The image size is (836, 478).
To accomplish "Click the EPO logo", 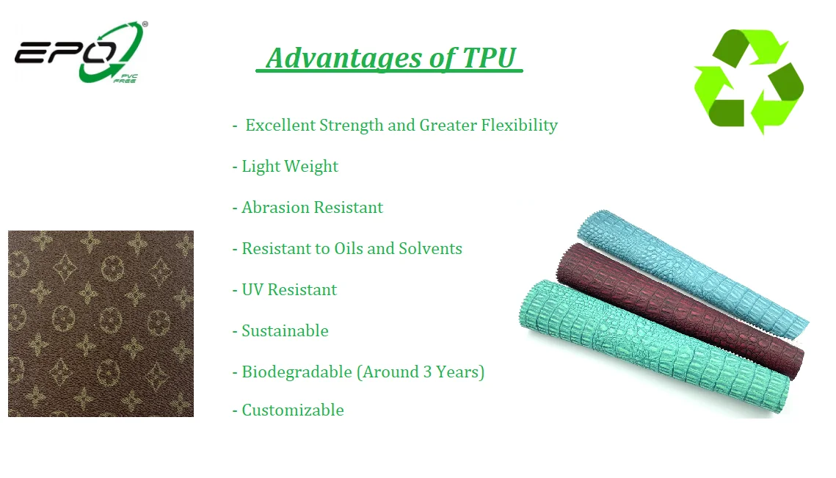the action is [81, 52].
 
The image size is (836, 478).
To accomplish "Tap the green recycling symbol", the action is [749, 81].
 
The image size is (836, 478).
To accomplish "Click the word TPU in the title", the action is [490, 57].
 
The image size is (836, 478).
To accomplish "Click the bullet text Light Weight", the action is [290, 167].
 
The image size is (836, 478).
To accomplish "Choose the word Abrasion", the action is [275, 207].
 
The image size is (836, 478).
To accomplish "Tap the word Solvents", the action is [430, 248].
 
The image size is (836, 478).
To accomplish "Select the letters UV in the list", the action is [252, 290].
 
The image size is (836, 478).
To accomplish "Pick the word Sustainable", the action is [286, 330].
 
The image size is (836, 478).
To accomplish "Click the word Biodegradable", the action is [297, 372].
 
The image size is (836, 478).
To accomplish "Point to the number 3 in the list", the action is [427, 372].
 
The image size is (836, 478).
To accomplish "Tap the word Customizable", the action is [293, 410].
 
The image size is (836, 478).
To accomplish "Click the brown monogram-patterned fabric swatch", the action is [101, 323].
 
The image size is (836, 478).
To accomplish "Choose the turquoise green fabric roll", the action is [654, 347].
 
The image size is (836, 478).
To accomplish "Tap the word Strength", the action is [352, 126].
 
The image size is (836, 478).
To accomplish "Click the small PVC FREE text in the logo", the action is [126, 79].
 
